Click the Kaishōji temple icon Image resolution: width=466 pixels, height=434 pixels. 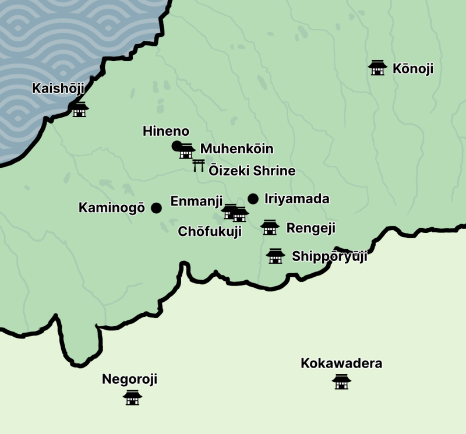click(x=80, y=110)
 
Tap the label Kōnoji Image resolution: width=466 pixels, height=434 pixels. click(x=413, y=69)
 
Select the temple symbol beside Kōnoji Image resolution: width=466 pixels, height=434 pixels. click(x=378, y=68)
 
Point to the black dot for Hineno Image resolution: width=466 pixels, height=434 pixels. click(x=176, y=146)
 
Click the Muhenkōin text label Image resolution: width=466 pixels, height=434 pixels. click(x=236, y=149)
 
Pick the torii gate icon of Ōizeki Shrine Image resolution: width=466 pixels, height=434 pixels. click(x=199, y=166)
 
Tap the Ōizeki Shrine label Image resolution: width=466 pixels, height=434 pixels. click(x=252, y=171)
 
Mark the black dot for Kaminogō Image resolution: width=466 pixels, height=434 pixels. click(x=156, y=208)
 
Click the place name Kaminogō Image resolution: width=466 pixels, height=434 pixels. click(x=111, y=208)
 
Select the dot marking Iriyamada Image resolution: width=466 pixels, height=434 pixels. click(x=253, y=199)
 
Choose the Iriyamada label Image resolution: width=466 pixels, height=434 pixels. click(x=296, y=199)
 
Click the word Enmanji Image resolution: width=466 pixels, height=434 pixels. click(x=196, y=202)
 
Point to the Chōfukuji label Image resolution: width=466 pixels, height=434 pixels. click(x=210, y=232)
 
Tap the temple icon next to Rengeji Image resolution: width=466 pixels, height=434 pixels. click(x=270, y=227)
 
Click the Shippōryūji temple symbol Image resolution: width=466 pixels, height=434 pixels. click(x=275, y=256)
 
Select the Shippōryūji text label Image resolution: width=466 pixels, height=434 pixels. click(x=329, y=257)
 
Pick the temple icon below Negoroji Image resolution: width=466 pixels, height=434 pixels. click(x=133, y=398)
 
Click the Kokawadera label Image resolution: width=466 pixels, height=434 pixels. click(x=341, y=364)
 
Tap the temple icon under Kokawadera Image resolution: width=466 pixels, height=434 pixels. click(x=341, y=382)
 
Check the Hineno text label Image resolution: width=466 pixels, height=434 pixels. click(x=166, y=132)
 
